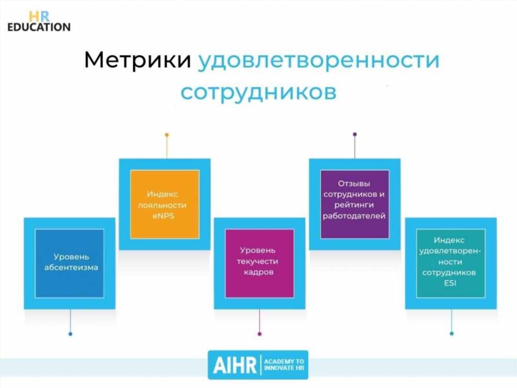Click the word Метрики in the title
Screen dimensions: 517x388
tap(138, 59)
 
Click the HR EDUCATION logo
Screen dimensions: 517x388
tap(39, 21)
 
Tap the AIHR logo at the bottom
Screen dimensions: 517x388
tap(258, 365)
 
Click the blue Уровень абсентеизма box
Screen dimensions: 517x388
tap(70, 263)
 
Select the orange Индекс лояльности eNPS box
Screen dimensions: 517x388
tap(165, 204)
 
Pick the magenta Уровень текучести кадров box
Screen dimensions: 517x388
tap(260, 263)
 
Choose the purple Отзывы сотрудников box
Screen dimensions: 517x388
tap(355, 204)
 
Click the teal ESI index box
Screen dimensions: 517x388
tap(451, 263)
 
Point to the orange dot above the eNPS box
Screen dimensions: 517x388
tap(167, 135)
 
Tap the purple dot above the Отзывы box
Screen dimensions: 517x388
tap(355, 135)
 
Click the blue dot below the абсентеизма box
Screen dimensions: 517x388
tap(70, 334)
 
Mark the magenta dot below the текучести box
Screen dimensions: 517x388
tap(260, 334)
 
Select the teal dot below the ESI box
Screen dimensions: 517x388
tap(452, 334)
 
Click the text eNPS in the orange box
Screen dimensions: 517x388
tap(163, 216)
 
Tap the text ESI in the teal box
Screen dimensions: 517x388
tap(450, 283)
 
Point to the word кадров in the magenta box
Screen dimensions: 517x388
tap(258, 273)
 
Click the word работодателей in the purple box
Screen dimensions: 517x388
tap(354, 216)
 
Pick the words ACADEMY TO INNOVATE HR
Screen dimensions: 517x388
tap(284, 365)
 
